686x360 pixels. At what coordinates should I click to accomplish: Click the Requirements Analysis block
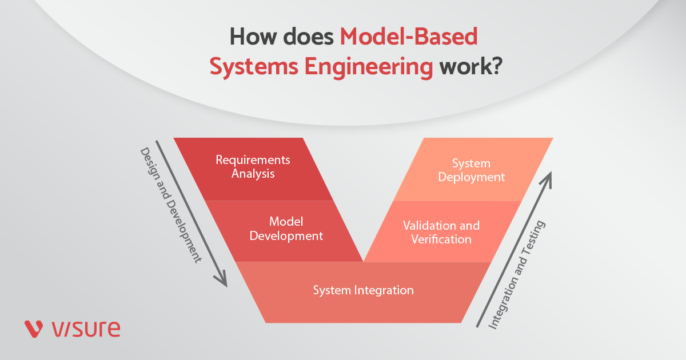click(253, 167)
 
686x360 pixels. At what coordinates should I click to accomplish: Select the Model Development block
click(286, 229)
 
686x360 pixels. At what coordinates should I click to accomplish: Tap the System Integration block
click(363, 291)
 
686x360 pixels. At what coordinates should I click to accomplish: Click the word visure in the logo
click(86, 329)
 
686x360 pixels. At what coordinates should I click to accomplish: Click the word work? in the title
click(470, 67)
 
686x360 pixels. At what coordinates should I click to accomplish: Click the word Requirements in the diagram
click(253, 160)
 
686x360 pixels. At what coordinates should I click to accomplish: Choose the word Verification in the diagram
click(441, 239)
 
